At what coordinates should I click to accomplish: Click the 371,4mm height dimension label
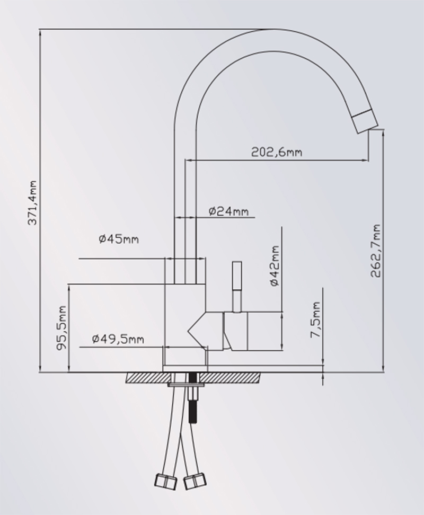tap(33, 202)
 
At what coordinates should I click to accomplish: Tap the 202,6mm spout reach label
tap(277, 152)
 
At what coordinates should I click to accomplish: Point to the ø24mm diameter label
tap(228, 211)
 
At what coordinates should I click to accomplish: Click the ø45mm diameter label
tap(119, 239)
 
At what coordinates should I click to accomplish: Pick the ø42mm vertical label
tap(275, 266)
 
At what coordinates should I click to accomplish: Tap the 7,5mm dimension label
tap(315, 319)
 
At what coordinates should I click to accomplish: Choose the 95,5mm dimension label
tap(61, 328)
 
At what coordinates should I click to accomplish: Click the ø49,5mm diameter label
tap(118, 339)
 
